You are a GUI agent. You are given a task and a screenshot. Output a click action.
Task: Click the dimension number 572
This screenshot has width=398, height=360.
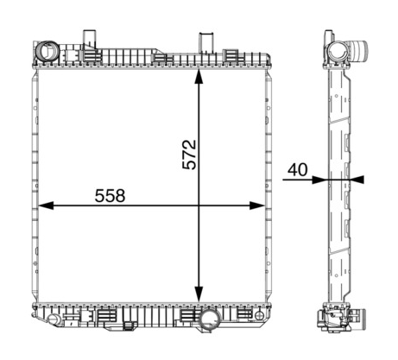189,155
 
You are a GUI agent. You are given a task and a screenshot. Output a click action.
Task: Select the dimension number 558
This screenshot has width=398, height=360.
110,196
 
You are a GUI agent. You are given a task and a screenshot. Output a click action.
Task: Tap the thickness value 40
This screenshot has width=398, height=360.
298,170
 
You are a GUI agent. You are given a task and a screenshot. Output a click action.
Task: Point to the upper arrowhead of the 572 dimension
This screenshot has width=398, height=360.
199,76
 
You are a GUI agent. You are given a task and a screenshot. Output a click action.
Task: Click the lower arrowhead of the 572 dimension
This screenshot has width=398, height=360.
199,294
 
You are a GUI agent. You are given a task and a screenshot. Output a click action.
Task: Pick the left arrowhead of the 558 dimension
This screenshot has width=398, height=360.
46,205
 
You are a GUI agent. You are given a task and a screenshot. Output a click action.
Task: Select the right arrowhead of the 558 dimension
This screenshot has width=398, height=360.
257,205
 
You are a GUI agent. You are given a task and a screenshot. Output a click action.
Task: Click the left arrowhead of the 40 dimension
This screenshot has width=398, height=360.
319,180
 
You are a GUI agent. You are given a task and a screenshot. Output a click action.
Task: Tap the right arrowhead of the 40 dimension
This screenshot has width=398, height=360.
357,180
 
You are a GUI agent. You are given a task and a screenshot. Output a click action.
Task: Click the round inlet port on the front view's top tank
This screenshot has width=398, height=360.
47,52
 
